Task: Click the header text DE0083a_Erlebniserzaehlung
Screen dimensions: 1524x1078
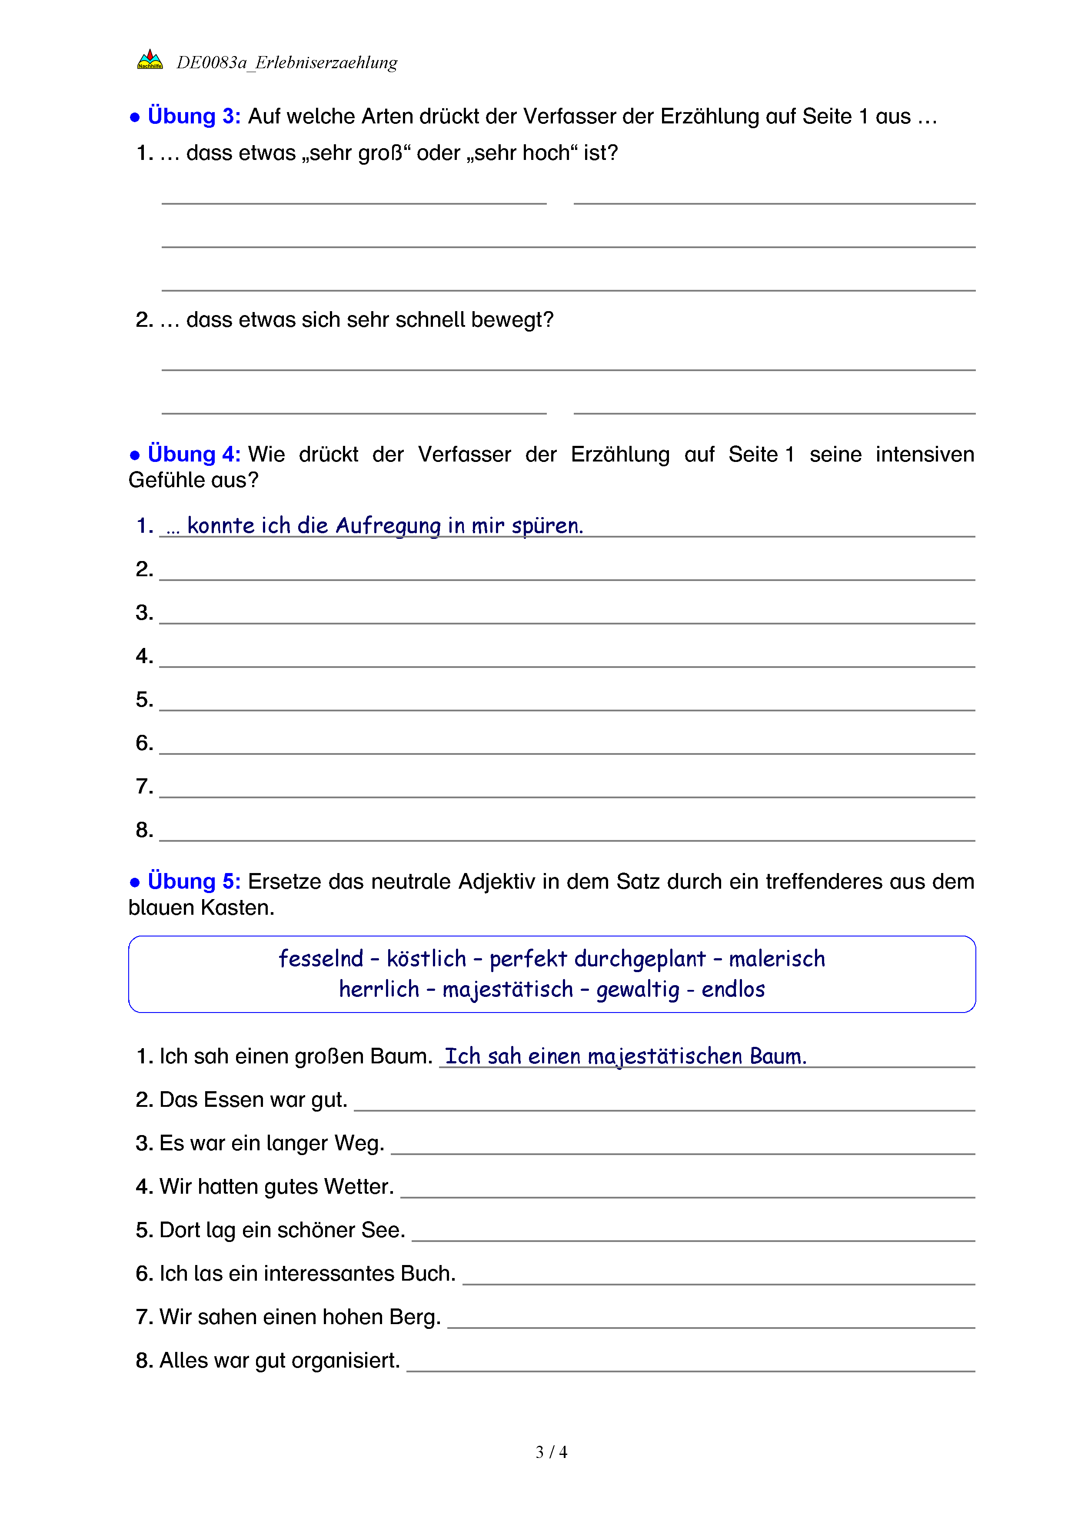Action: pos(287,63)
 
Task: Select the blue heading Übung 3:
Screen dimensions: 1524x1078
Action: pos(194,116)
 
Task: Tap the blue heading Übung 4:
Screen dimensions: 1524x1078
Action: pos(194,454)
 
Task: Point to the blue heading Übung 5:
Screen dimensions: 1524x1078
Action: pos(194,881)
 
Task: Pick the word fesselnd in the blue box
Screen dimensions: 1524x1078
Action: pos(321,959)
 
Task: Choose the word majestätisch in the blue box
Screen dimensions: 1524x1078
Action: pos(508,989)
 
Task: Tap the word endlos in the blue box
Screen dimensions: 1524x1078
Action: pos(733,989)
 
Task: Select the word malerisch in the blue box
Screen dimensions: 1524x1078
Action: pos(777,959)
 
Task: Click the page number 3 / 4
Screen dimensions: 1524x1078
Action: pos(551,1452)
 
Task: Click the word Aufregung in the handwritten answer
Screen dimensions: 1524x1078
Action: pos(388,526)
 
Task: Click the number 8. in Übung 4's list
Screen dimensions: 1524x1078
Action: pos(144,830)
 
